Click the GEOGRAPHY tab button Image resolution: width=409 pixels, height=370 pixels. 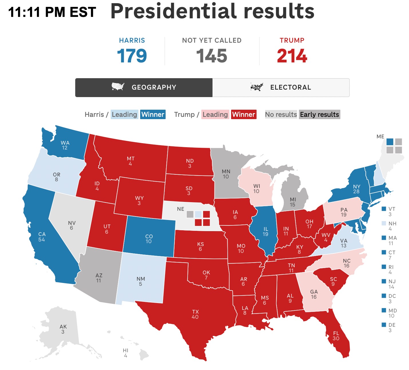point(144,87)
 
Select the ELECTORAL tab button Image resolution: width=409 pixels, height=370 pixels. point(281,87)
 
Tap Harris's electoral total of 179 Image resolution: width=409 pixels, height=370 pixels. point(132,56)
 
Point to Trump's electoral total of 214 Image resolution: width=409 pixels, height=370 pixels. point(292,56)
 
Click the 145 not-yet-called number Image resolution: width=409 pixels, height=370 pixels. point(212,56)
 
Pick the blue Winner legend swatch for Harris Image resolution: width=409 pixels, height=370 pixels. point(153,115)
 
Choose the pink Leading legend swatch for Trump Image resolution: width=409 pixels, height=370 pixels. point(215,115)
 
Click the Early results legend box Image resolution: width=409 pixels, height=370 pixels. point(319,115)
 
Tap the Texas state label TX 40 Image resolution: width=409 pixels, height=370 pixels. point(195,314)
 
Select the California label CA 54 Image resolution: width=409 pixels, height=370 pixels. point(42,237)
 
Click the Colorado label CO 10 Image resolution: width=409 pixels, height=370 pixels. point(149,239)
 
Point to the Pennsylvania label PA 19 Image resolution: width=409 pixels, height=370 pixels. point(344,212)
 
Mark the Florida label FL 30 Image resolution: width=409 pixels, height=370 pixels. point(336,336)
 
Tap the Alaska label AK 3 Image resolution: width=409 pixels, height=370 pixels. point(63,329)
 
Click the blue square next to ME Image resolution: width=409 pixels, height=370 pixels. point(390,142)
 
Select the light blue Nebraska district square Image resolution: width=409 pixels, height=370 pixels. point(198,214)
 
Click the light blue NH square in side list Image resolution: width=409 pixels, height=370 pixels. point(384,223)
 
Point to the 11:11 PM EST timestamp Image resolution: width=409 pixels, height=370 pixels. point(52,12)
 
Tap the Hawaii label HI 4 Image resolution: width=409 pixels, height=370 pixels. point(126,353)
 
